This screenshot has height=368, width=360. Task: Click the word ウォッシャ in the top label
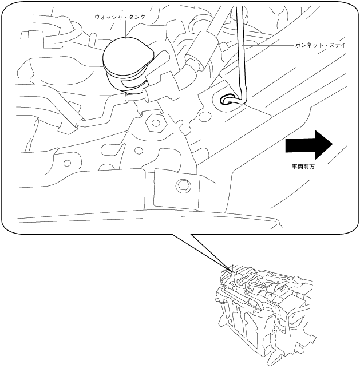[106, 17]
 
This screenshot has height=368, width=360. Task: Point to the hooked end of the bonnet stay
[228, 100]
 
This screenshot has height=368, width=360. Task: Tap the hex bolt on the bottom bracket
[183, 185]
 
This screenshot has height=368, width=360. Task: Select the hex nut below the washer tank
[154, 122]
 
